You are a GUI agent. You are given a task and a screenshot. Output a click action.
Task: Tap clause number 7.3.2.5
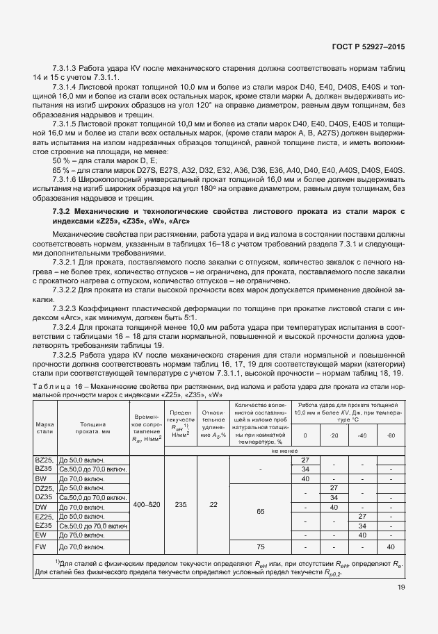click(x=67, y=355)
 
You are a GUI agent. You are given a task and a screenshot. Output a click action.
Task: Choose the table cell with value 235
click(x=180, y=503)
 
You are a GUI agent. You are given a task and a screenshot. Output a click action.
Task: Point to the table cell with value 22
click(x=213, y=503)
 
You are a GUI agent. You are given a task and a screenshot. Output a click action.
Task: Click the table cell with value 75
click(x=260, y=546)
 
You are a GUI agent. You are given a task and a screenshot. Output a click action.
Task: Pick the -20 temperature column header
click(x=333, y=435)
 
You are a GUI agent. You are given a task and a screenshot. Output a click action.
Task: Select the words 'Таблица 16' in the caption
click(x=55, y=385)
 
